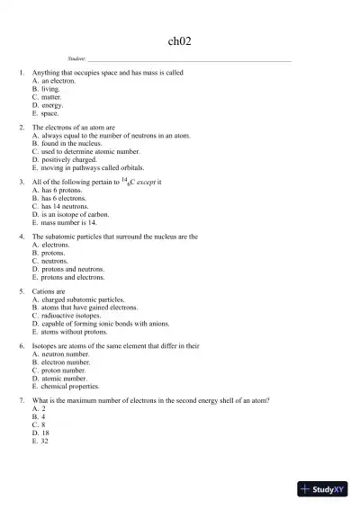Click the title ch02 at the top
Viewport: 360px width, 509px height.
pyautogui.click(x=179, y=40)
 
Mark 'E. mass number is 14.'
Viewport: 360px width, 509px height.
pyautogui.click(x=68, y=223)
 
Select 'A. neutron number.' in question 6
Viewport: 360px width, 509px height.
pyautogui.click(x=60, y=354)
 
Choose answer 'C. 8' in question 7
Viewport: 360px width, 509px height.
pyautogui.click(x=40, y=425)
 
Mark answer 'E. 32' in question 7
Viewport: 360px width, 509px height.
pyautogui.click(x=41, y=442)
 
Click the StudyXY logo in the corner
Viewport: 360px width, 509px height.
pyautogui.click(x=326, y=489)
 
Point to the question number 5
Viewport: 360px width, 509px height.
pyautogui.click(x=21, y=292)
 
